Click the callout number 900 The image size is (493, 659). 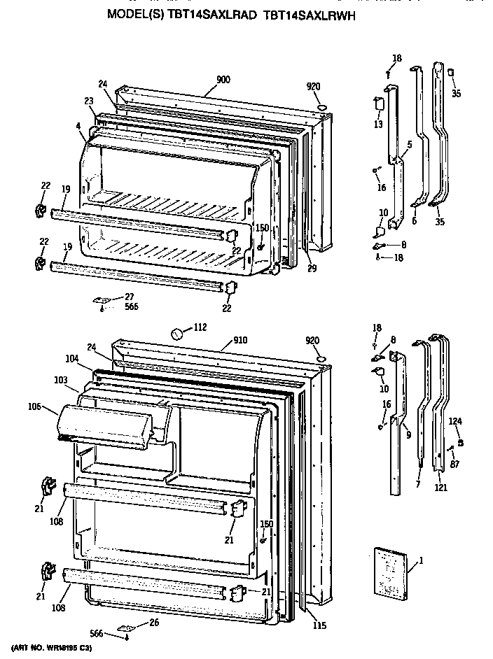(223, 79)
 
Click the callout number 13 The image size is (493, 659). (378, 125)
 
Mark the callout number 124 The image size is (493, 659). (456, 421)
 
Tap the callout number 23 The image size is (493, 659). (89, 101)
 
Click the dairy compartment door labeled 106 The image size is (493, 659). (105, 423)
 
